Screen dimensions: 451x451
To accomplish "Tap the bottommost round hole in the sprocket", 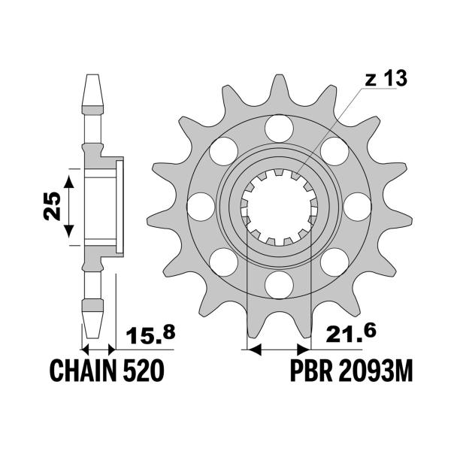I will tap(278, 283).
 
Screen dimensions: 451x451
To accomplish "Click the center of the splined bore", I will tap(278, 204).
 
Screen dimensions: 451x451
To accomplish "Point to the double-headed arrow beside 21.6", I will tap(278, 350).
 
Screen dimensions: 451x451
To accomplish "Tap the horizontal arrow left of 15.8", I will tap(98, 350).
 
